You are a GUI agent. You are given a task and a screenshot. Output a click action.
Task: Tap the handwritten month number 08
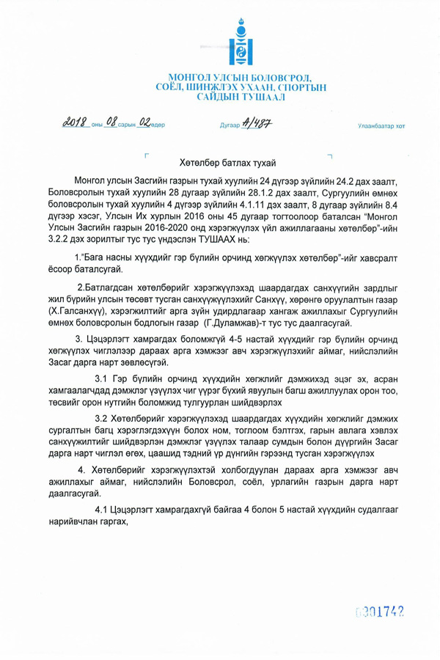[110, 122]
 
